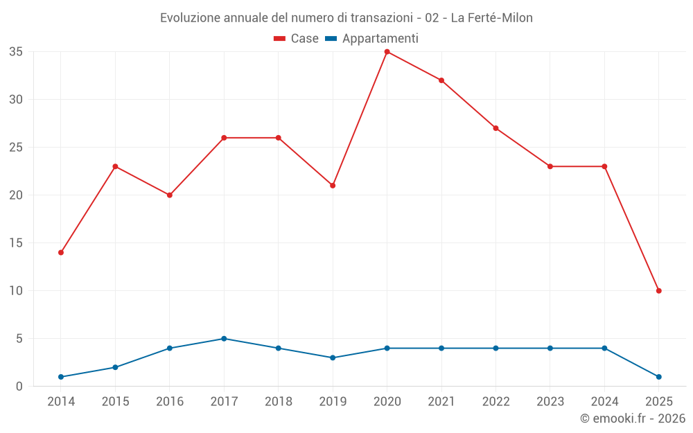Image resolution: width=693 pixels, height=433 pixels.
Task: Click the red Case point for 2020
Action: pyautogui.click(x=387, y=52)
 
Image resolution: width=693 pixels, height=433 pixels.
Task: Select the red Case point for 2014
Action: pyautogui.click(x=61, y=253)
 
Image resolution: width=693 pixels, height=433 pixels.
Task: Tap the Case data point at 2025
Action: pyautogui.click(x=658, y=291)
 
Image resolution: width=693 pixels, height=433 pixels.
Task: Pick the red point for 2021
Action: pyautogui.click(x=441, y=80)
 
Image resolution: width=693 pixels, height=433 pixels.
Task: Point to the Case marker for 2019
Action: pyautogui.click(x=333, y=186)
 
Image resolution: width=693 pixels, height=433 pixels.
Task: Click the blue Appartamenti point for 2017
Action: pyautogui.click(x=224, y=339)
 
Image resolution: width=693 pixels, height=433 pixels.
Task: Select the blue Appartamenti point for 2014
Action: pyautogui.click(x=61, y=377)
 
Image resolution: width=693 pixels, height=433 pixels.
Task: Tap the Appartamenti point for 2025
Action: pyautogui.click(x=658, y=377)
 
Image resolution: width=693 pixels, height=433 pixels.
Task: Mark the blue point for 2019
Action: pyautogui.click(x=333, y=358)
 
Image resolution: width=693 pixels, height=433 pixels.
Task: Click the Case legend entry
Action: pyautogui.click(x=297, y=39)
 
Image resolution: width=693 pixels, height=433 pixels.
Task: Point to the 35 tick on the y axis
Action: pyautogui.click(x=16, y=52)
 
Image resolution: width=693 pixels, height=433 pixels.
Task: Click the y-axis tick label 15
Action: pyautogui.click(x=16, y=243)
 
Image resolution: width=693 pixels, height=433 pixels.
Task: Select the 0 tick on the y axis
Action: pyautogui.click(x=19, y=387)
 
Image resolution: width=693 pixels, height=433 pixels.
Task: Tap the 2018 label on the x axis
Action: pyautogui.click(x=278, y=402)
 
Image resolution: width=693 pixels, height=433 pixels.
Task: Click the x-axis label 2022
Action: pyautogui.click(x=495, y=402)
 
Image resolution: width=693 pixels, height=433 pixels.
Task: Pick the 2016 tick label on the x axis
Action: pyautogui.click(x=170, y=402)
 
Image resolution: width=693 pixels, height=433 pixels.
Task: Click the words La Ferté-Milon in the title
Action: pyautogui.click(x=491, y=18)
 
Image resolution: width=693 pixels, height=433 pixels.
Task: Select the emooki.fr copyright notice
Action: pyautogui.click(x=632, y=418)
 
